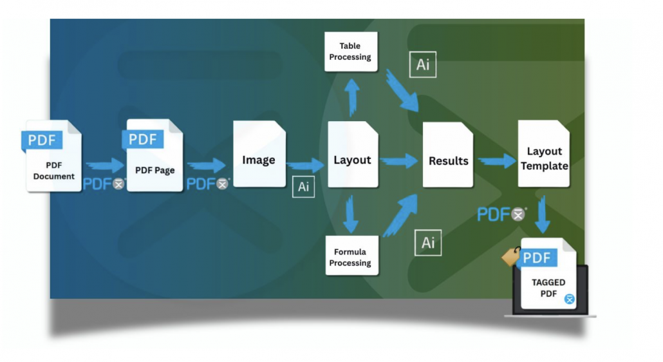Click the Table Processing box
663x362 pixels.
[350, 52]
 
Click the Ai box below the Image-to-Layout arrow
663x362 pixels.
[303, 187]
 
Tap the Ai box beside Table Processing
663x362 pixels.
[423, 65]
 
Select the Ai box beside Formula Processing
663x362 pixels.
[428, 242]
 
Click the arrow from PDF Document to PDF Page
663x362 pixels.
[104, 166]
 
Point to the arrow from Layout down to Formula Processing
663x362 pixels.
[350, 214]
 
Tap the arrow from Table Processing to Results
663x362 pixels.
[402, 90]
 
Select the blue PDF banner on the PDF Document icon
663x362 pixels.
[42, 140]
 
